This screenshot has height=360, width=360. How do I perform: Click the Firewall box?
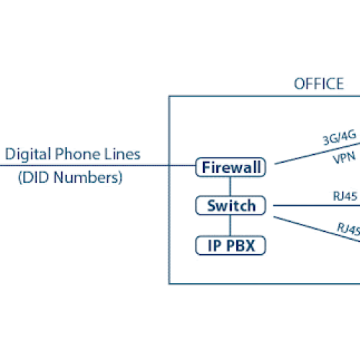[230, 168]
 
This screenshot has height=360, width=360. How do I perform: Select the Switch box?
[230, 206]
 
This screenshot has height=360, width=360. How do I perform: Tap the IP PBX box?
[230, 246]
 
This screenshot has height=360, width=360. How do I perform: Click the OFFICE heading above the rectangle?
[318, 84]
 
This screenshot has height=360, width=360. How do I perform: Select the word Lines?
[122, 154]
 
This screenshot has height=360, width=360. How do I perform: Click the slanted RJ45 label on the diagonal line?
[348, 229]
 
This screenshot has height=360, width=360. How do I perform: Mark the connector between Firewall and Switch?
[230, 187]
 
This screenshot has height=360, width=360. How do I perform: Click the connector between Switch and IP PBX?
[230, 225]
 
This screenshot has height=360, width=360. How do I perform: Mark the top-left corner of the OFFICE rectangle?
[169, 96]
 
